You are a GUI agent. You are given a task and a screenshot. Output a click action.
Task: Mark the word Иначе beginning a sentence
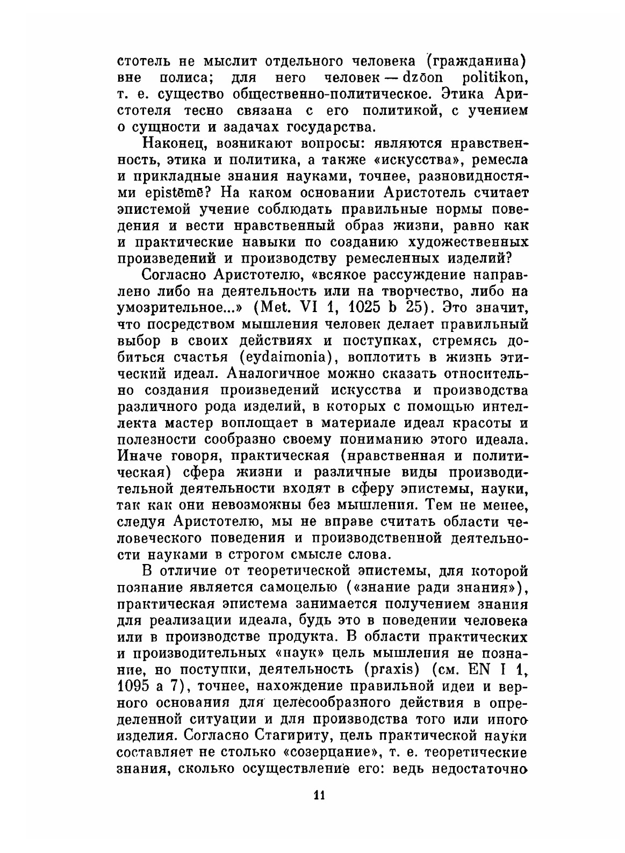click(x=140, y=456)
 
